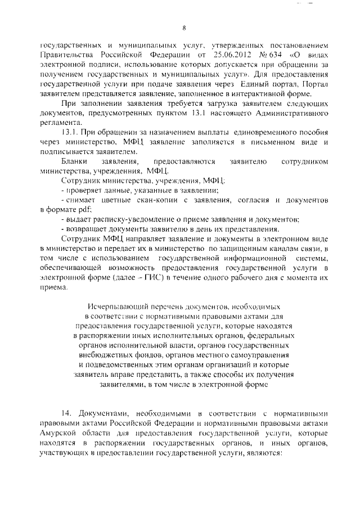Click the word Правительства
coord(65,55)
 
